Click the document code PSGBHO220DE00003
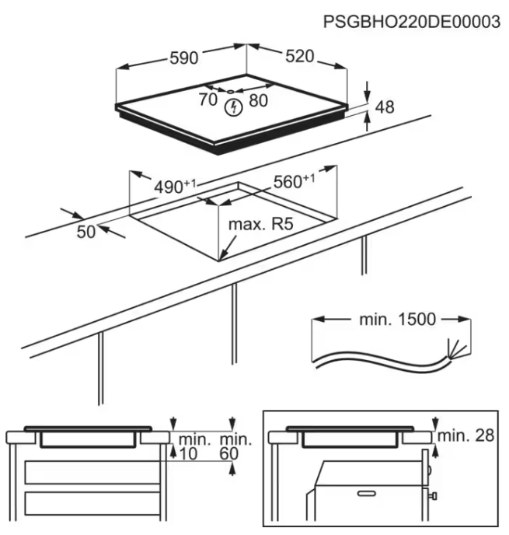pos(411,23)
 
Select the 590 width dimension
pos(186,58)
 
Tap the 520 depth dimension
pos(299,56)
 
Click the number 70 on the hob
pos(207,100)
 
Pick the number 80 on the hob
pos(258,100)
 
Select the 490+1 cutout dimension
pos(173,187)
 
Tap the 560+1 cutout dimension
pos(294,182)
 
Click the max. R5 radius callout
pos(260,225)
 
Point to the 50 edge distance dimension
pos(86,230)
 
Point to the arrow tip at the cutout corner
pos(221,259)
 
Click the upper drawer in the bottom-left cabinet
pos(89,472)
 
